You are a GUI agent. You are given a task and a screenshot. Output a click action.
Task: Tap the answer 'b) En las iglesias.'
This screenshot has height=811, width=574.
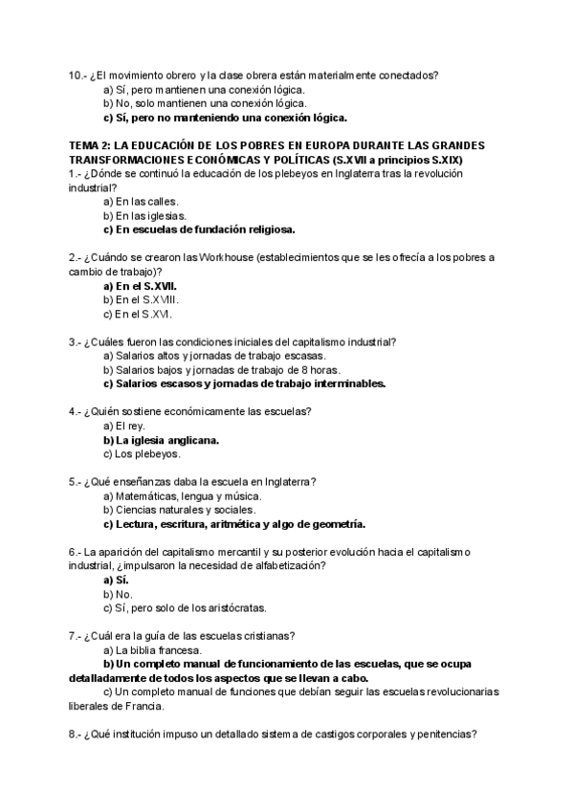pos(144,215)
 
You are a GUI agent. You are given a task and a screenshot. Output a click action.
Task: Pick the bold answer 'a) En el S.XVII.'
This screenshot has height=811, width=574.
pos(140,286)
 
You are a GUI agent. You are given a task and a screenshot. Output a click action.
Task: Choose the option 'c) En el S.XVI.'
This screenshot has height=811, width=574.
pos(138,314)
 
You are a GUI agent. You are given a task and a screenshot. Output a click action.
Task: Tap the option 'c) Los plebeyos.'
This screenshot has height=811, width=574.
pos(142,454)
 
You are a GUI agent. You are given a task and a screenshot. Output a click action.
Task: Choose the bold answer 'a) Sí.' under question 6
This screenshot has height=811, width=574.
pos(116,580)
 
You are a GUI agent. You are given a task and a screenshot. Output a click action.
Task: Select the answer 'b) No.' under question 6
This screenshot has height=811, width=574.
pos(118,594)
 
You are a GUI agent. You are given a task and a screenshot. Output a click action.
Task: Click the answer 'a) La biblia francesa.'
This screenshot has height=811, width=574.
pos(153,650)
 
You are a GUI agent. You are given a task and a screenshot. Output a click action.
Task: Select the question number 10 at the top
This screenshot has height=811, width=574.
pos(77,75)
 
